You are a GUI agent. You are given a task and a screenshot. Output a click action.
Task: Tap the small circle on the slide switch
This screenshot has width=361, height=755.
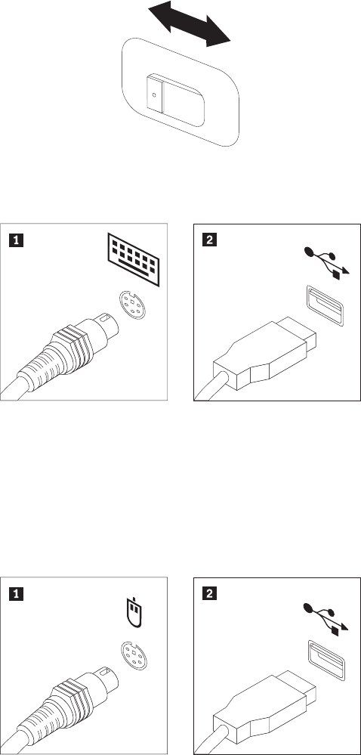(154, 95)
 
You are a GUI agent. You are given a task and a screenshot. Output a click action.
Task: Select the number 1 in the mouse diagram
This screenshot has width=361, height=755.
(17, 595)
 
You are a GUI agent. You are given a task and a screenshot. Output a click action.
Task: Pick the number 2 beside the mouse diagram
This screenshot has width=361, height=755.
(209, 595)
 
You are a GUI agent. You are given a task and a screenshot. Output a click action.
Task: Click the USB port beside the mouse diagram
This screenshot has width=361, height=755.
(325, 661)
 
